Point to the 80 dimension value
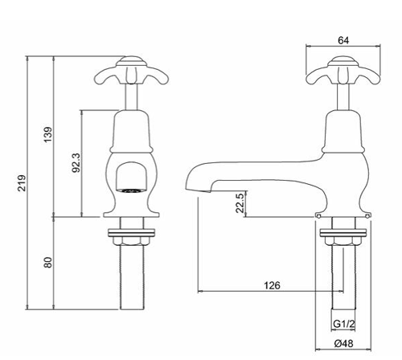[x=47, y=262]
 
